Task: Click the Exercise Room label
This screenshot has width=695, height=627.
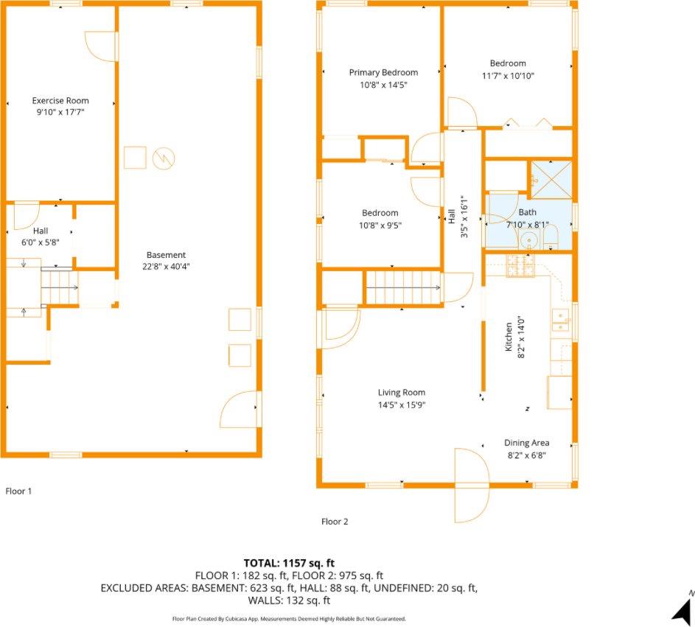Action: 60,101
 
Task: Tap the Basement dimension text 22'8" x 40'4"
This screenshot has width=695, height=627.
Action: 167,266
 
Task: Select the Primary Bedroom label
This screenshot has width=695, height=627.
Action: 383,73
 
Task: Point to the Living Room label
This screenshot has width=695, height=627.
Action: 402,393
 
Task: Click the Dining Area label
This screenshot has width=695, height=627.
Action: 526,443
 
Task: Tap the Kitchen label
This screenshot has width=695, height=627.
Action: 509,337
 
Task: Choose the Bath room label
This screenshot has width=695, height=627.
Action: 528,212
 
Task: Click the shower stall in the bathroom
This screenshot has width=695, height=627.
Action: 551,180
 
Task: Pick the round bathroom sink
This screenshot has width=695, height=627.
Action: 528,242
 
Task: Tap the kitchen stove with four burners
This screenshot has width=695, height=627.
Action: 521,266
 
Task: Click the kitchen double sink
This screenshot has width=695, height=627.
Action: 561,320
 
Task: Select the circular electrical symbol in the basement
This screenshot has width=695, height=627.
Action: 164,158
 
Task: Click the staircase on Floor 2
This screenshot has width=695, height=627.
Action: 403,287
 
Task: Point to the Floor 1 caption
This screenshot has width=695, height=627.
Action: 18,491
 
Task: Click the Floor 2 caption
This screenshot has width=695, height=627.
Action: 335,522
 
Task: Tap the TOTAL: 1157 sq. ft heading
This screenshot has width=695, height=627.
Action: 289,563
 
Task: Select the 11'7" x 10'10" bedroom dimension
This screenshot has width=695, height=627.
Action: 508,76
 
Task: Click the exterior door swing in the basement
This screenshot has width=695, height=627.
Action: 239,409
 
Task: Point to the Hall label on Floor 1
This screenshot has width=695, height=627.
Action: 41,231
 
